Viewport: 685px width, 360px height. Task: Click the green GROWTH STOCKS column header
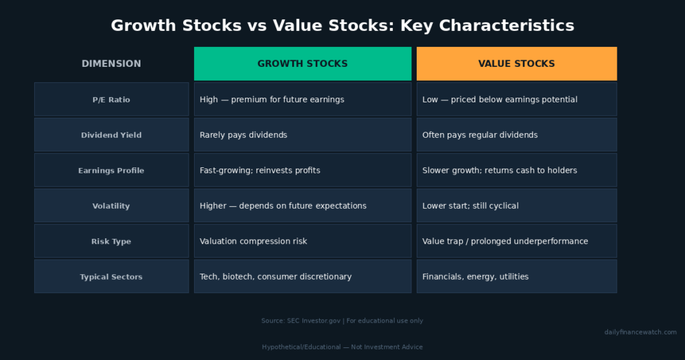coord(303,64)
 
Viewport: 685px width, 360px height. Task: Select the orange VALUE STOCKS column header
coord(517,64)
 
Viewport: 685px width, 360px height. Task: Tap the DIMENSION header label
coord(112,64)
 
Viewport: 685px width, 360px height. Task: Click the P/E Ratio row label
coord(112,100)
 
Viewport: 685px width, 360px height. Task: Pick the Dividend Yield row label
coord(112,135)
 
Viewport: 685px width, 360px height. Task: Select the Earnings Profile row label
coord(112,171)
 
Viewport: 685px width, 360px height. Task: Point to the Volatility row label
coord(112,206)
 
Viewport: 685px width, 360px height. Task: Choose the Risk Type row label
coord(112,241)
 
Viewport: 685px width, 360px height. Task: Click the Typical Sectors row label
coord(112,276)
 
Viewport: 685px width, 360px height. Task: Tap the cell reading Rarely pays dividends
coord(303,135)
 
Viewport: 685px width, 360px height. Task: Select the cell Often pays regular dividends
coord(517,135)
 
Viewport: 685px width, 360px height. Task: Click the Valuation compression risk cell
coord(303,241)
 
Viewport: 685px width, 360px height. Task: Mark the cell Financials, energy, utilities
coord(517,276)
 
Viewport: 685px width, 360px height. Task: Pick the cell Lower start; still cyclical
coord(517,206)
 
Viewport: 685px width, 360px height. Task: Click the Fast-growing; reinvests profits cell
coord(303,171)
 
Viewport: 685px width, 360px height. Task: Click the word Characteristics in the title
coord(506,25)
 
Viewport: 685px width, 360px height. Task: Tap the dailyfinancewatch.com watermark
coord(640,332)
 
